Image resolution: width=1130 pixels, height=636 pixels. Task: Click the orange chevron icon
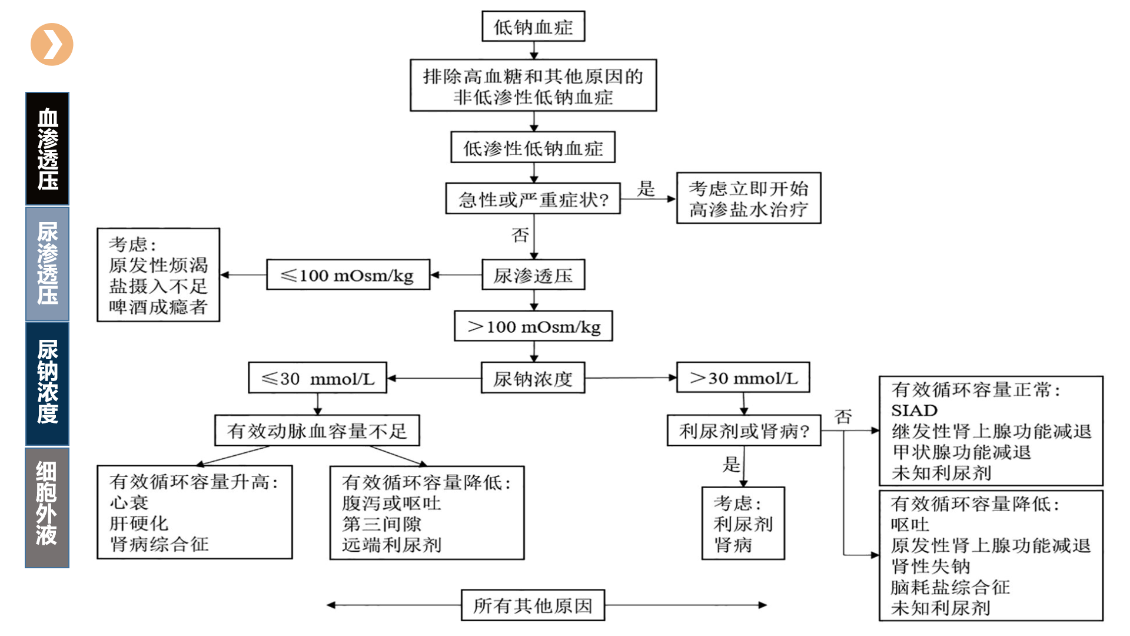[x=52, y=44]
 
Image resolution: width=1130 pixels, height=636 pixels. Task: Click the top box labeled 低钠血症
[x=533, y=26]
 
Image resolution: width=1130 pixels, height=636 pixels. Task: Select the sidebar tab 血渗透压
[x=47, y=148]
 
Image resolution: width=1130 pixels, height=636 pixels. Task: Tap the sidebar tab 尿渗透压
[x=47, y=263]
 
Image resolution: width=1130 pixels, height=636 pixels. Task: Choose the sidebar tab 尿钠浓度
[x=47, y=383]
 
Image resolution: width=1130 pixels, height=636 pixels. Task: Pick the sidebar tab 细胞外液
[x=47, y=507]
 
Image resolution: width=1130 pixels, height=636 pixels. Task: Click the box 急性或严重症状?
[x=533, y=199]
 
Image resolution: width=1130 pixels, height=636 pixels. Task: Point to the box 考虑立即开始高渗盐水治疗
[x=748, y=198]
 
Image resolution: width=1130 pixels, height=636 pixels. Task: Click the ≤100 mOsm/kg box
[x=348, y=275]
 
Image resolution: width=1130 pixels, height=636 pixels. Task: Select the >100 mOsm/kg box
[x=533, y=326]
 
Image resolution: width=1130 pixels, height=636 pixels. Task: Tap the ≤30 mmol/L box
[x=317, y=378]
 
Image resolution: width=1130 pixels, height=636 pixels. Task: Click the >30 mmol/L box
[x=743, y=377]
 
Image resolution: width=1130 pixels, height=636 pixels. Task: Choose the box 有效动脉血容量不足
[x=317, y=430]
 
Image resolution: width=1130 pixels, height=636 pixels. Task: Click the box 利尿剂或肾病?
[x=743, y=430]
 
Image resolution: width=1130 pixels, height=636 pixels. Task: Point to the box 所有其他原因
[x=533, y=605]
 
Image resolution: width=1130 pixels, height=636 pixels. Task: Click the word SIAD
[x=914, y=410]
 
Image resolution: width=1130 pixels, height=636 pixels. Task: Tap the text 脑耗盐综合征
[x=950, y=587]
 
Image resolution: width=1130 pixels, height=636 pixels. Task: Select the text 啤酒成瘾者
[x=158, y=307]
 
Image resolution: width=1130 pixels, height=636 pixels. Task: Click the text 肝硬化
[x=139, y=523]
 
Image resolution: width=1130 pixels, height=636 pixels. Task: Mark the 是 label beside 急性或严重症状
[x=646, y=188]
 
